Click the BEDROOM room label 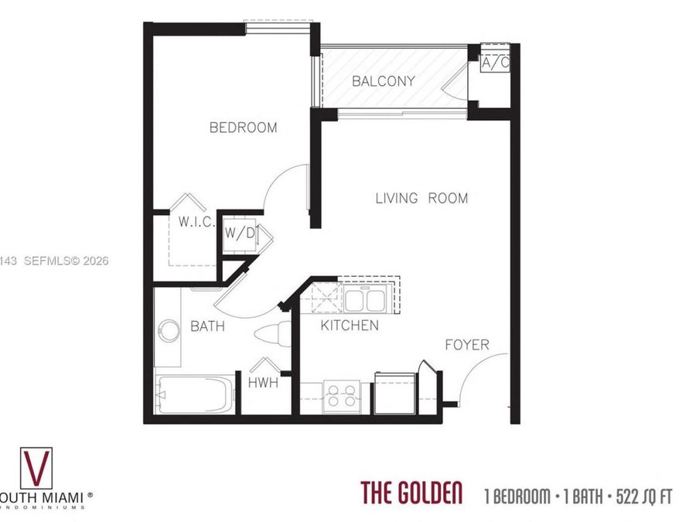coord(243,128)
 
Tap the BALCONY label coord(384,80)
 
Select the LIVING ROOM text coord(421,198)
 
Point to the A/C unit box coord(495,63)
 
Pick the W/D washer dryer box coord(240,232)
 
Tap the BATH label coord(207,326)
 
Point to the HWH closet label coord(264,381)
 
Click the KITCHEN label coord(350,326)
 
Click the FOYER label coord(466,345)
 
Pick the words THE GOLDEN coord(411,493)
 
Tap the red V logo coord(35,466)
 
